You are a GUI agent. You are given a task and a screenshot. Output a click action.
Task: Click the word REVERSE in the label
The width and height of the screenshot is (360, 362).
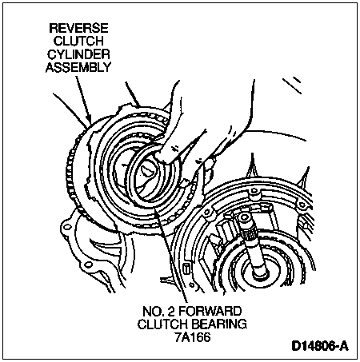[79, 28]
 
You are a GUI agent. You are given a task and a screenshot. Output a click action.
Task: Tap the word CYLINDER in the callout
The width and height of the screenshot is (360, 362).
[78, 54]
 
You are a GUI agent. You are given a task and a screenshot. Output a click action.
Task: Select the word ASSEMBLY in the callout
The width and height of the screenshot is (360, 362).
[78, 67]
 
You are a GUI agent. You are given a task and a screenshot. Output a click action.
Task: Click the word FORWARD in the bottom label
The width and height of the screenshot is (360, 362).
[210, 311]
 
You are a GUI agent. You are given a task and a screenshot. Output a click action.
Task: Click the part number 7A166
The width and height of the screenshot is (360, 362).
[193, 337]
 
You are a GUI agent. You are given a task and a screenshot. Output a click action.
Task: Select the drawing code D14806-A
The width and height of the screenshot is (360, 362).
[320, 346]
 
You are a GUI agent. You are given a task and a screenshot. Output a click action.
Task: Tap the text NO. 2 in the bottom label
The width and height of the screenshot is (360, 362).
[159, 311]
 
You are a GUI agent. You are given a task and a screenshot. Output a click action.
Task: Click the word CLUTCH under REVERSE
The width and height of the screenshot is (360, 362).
[78, 41]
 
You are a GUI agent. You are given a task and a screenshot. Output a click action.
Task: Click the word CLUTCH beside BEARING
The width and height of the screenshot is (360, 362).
[162, 324]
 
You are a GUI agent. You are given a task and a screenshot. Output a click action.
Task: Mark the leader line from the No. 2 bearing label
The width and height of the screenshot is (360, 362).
[170, 256]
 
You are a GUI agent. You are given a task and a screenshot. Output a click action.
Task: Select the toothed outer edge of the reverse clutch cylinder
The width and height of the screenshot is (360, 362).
[71, 170]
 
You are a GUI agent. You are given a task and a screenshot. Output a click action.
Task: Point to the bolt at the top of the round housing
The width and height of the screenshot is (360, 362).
[254, 193]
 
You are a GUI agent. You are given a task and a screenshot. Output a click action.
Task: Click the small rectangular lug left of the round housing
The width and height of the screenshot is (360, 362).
[186, 267]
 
